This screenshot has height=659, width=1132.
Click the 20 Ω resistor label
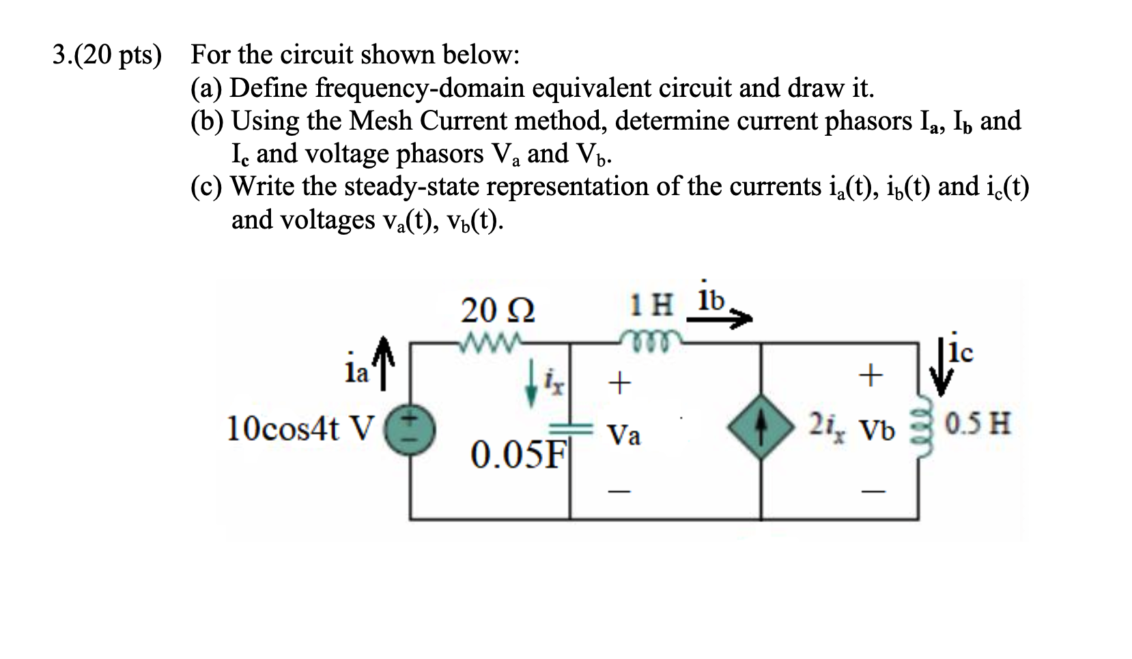coord(498,312)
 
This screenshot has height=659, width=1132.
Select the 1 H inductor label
coord(653,305)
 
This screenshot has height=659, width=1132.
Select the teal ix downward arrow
coord(533,393)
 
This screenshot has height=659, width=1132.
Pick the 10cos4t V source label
coord(300,429)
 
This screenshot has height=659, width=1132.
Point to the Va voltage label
coord(624,435)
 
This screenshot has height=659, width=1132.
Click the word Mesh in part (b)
coord(380,121)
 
